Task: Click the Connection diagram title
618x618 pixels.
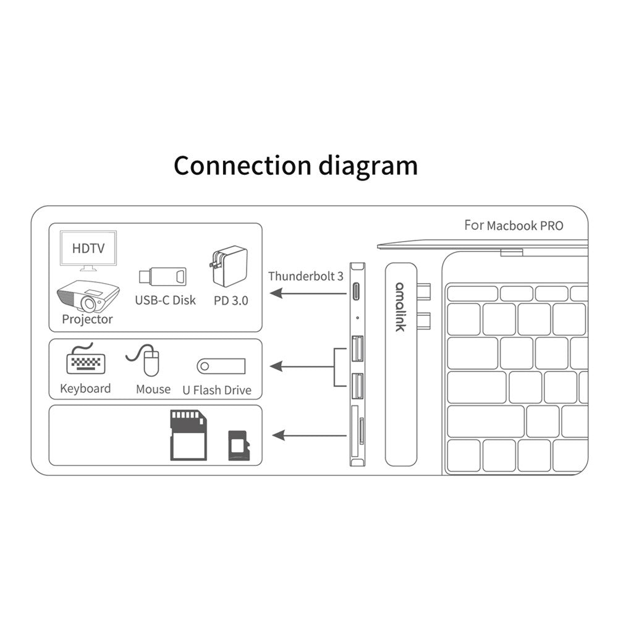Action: (295, 166)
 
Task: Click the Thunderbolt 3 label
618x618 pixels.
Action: (305, 276)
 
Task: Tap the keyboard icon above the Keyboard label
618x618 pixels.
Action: (85, 361)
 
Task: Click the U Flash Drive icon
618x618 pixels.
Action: (221, 366)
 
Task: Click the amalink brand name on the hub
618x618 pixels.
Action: (400, 307)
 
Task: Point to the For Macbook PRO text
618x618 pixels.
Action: (514, 226)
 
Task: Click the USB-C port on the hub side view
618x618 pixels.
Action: (357, 290)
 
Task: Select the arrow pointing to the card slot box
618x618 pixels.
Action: (309, 436)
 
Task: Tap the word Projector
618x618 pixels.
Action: (87, 320)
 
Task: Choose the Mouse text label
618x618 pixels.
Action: (153, 389)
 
